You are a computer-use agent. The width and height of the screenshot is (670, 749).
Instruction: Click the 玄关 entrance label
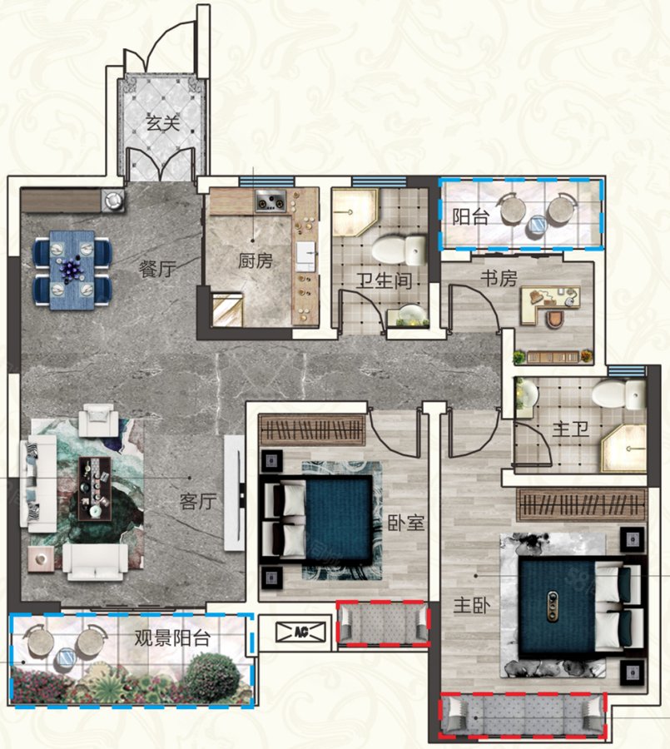pyautogui.click(x=163, y=124)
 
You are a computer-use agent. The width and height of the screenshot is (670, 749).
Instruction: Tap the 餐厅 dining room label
pyautogui.click(x=157, y=270)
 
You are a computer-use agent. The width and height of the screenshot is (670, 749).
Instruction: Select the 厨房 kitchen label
pyautogui.click(x=256, y=260)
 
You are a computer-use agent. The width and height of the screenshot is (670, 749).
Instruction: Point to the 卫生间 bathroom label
pyautogui.click(x=384, y=281)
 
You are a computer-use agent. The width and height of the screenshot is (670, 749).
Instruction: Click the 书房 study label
pyautogui.click(x=499, y=278)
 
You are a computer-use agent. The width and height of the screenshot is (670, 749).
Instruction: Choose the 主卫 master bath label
pyautogui.click(x=570, y=429)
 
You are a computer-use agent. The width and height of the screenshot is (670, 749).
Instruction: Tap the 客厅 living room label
pyautogui.click(x=198, y=502)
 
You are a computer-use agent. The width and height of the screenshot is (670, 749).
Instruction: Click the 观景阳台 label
pyautogui.click(x=172, y=638)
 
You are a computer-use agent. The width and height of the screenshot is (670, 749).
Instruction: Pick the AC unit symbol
pyautogui.click(x=300, y=632)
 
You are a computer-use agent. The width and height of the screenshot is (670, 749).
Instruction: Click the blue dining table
pyautogui.click(x=72, y=270)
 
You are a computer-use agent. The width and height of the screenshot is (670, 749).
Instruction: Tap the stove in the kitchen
pyautogui.click(x=270, y=201)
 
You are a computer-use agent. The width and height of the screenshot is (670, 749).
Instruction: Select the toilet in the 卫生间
pyautogui.click(x=400, y=250)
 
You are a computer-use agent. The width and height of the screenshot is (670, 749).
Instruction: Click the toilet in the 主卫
pyautogui.click(x=619, y=394)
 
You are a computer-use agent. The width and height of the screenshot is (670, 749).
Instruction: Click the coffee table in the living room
pyautogui.click(x=95, y=489)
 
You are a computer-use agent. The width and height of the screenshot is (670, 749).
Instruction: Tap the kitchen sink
pyautogui.click(x=305, y=253)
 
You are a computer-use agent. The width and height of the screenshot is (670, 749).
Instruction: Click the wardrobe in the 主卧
pyautogui.click(x=582, y=505)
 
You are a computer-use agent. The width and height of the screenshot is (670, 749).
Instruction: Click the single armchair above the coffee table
pyautogui.click(x=98, y=420)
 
